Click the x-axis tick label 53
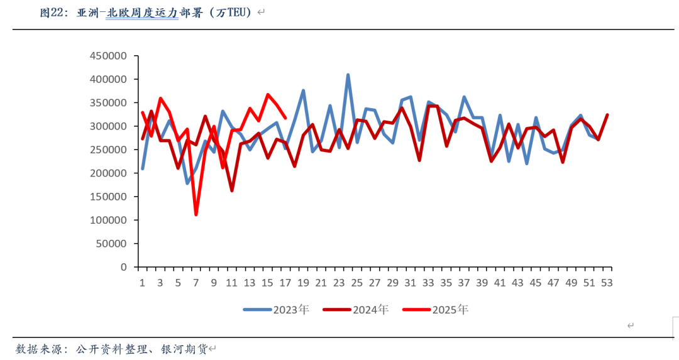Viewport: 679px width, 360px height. click(x=607, y=283)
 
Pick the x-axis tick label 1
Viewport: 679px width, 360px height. click(x=142, y=283)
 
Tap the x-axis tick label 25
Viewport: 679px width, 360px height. click(x=357, y=283)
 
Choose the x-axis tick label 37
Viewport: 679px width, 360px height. click(x=464, y=283)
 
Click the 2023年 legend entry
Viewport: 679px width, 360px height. click(x=276, y=309)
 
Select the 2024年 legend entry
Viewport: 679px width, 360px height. click(x=355, y=309)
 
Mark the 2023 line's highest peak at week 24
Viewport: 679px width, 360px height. click(x=348, y=75)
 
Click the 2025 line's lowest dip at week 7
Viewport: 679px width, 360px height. click(x=196, y=215)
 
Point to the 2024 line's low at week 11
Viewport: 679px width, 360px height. click(x=232, y=190)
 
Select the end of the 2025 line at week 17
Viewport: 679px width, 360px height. click(x=286, y=117)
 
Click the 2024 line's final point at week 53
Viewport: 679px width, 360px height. click(x=607, y=115)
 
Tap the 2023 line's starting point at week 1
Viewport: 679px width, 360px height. click(x=143, y=168)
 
